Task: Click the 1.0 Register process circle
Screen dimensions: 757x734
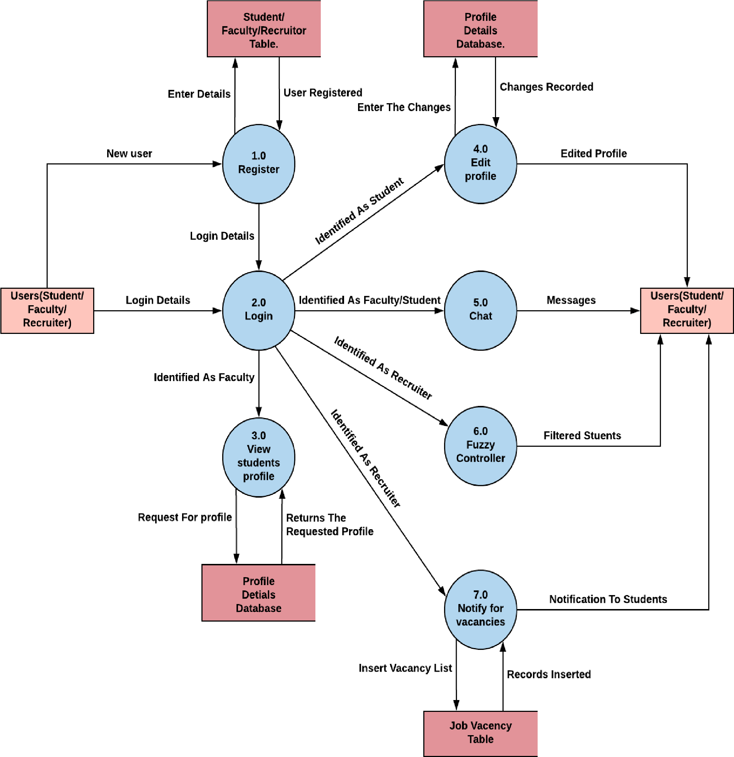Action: (258, 164)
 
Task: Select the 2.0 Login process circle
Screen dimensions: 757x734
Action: (258, 311)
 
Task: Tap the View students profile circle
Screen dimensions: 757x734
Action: (258, 457)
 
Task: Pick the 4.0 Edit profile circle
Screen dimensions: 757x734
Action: (480, 164)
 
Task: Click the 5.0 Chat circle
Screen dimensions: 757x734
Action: (480, 311)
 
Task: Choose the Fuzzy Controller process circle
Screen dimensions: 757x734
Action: (480, 446)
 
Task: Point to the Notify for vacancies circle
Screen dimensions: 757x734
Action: (480, 609)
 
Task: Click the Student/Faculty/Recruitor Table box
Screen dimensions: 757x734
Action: (264, 29)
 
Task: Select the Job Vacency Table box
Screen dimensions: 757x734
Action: (481, 733)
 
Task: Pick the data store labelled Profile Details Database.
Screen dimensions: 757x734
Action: (481, 29)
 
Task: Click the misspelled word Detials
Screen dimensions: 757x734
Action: (258, 595)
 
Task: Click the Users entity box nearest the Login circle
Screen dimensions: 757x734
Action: (47, 311)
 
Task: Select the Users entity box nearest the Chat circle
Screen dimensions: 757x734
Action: (687, 311)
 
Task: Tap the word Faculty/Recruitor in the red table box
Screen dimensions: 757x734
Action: (264, 30)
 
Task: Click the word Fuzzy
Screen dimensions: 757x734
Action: (480, 445)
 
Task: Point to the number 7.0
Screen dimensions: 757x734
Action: (480, 595)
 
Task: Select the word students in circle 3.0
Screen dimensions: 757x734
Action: (258, 463)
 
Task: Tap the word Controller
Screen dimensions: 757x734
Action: (480, 458)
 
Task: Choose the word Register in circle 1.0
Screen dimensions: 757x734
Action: (258, 169)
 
